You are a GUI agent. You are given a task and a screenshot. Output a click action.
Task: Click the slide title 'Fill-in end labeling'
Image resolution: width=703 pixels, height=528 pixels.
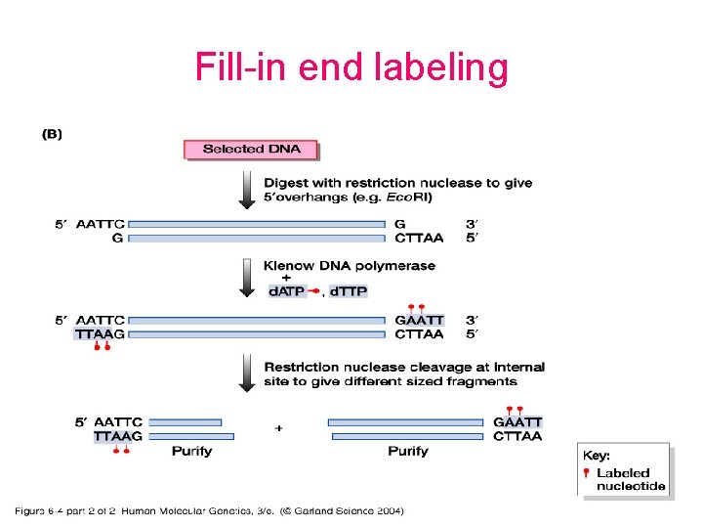(351, 67)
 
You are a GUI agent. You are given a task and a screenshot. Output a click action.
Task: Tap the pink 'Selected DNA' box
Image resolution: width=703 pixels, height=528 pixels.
(251, 149)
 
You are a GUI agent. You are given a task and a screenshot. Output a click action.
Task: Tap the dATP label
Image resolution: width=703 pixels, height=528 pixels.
(287, 291)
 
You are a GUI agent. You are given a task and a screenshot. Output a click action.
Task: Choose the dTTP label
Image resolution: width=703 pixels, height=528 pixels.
(349, 291)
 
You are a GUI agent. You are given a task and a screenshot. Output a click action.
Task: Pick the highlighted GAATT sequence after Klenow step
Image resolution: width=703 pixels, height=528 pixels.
(419, 320)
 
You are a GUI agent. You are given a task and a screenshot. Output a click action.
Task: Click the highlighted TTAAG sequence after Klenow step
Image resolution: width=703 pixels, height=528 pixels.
(100, 333)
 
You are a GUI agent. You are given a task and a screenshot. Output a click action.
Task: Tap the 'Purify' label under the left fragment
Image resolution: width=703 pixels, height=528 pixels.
(191, 451)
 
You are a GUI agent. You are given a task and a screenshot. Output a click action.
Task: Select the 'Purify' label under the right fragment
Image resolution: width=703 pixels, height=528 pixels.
(407, 451)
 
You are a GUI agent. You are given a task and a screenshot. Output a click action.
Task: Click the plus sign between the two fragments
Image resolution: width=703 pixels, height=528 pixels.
(279, 427)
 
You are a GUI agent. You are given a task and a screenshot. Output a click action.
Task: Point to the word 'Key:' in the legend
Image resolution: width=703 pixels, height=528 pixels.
(597, 456)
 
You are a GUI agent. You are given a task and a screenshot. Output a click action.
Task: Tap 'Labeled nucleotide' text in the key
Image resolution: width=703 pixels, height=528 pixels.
(631, 479)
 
